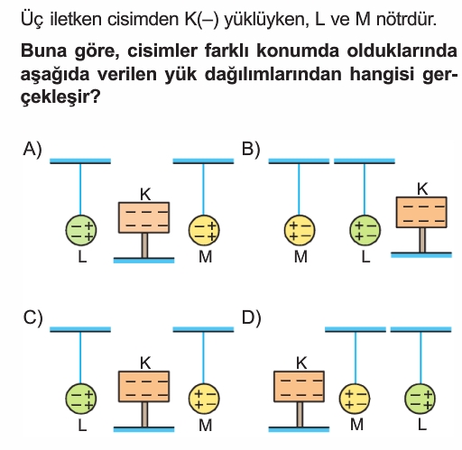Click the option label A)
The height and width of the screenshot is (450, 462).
(x=32, y=150)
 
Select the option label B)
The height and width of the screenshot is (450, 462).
(x=251, y=150)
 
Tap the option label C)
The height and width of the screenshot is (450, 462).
(x=33, y=317)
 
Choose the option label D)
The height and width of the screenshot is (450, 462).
(x=252, y=317)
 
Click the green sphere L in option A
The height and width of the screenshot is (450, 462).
(x=81, y=230)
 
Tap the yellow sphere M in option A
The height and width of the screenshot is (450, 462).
(x=204, y=230)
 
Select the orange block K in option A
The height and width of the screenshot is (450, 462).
(x=144, y=217)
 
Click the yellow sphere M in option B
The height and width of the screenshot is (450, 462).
(x=300, y=230)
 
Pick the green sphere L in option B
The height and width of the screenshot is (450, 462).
(x=365, y=230)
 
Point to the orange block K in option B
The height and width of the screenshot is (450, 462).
(x=421, y=212)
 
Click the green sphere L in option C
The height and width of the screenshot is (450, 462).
(x=81, y=399)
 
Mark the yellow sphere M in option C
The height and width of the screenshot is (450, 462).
(x=204, y=399)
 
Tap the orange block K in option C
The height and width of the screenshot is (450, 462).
(x=144, y=386)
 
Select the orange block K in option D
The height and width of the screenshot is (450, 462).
(x=300, y=386)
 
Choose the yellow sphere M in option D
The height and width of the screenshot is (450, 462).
(x=355, y=399)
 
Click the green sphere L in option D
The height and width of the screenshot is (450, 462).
(x=420, y=399)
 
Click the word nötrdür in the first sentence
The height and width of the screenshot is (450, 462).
(x=406, y=19)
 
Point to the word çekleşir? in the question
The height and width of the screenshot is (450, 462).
(x=60, y=97)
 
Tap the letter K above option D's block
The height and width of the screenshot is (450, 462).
(x=301, y=363)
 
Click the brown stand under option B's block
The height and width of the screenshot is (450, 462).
(x=422, y=240)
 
